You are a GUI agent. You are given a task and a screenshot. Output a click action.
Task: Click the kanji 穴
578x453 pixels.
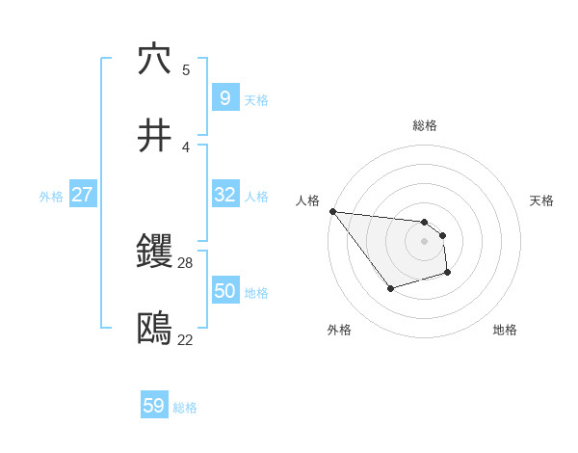point(155,60)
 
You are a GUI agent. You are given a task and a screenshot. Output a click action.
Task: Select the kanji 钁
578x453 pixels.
point(155,253)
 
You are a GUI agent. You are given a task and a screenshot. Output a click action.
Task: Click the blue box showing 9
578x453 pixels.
point(224,97)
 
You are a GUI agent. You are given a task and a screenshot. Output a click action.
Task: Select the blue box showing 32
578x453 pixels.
point(224,195)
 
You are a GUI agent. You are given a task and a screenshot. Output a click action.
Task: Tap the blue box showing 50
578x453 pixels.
point(224,291)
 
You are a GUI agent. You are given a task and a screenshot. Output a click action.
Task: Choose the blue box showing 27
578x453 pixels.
point(82,195)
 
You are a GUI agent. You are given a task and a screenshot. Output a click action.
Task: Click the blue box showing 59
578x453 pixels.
point(153,406)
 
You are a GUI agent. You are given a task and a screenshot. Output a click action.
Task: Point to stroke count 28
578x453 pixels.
point(186,262)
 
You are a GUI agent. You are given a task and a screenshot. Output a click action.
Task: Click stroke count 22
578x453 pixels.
point(185,339)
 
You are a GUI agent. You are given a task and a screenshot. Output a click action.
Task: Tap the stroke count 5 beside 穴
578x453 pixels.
point(186,69)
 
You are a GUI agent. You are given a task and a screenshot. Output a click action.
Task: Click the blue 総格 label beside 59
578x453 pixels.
point(185,408)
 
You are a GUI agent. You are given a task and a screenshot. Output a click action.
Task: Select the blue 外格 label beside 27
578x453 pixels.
point(51,196)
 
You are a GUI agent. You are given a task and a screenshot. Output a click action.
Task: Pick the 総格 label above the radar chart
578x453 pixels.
point(425,125)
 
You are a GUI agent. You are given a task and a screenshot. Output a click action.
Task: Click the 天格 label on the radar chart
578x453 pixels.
point(542,200)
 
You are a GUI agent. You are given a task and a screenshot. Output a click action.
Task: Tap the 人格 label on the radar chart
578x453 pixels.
point(307,200)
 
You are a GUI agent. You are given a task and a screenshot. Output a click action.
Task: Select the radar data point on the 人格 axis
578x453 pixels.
point(332,211)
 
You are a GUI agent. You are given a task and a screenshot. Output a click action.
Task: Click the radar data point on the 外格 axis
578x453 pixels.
point(390,288)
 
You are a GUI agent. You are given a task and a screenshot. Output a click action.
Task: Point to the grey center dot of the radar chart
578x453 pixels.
point(425,241)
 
